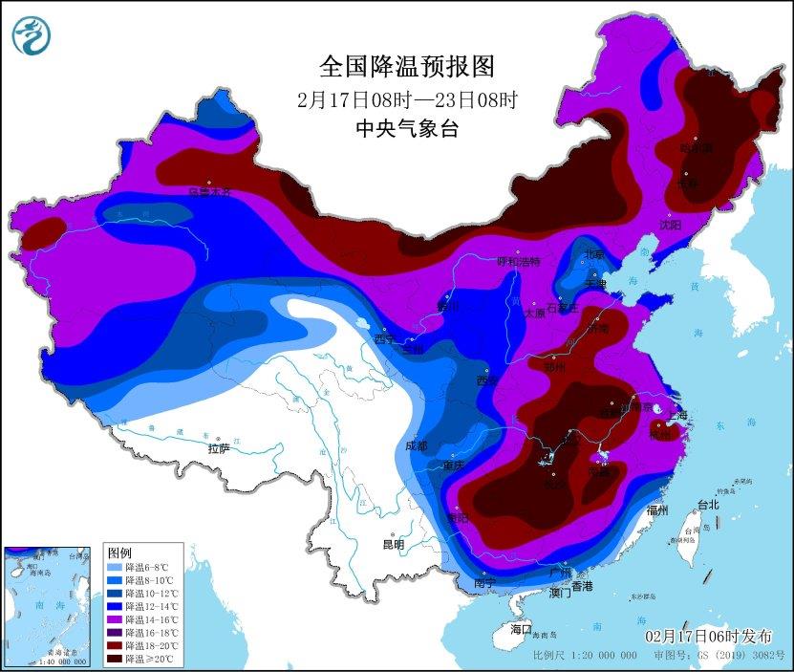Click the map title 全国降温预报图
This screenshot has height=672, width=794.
(x=408, y=66)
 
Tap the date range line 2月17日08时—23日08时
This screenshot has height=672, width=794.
(x=408, y=98)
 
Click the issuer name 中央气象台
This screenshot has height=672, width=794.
(x=408, y=129)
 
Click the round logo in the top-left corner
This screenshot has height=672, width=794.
(x=32, y=35)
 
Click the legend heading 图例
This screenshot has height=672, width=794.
(x=119, y=553)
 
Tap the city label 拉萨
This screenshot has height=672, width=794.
(x=219, y=448)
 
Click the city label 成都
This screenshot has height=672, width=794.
(x=416, y=445)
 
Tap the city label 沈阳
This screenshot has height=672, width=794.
(x=670, y=225)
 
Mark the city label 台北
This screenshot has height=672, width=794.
(x=707, y=504)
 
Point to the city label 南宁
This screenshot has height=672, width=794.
(x=484, y=582)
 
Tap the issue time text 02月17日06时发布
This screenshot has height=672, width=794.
(x=708, y=637)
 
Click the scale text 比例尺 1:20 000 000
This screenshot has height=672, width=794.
(x=585, y=656)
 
